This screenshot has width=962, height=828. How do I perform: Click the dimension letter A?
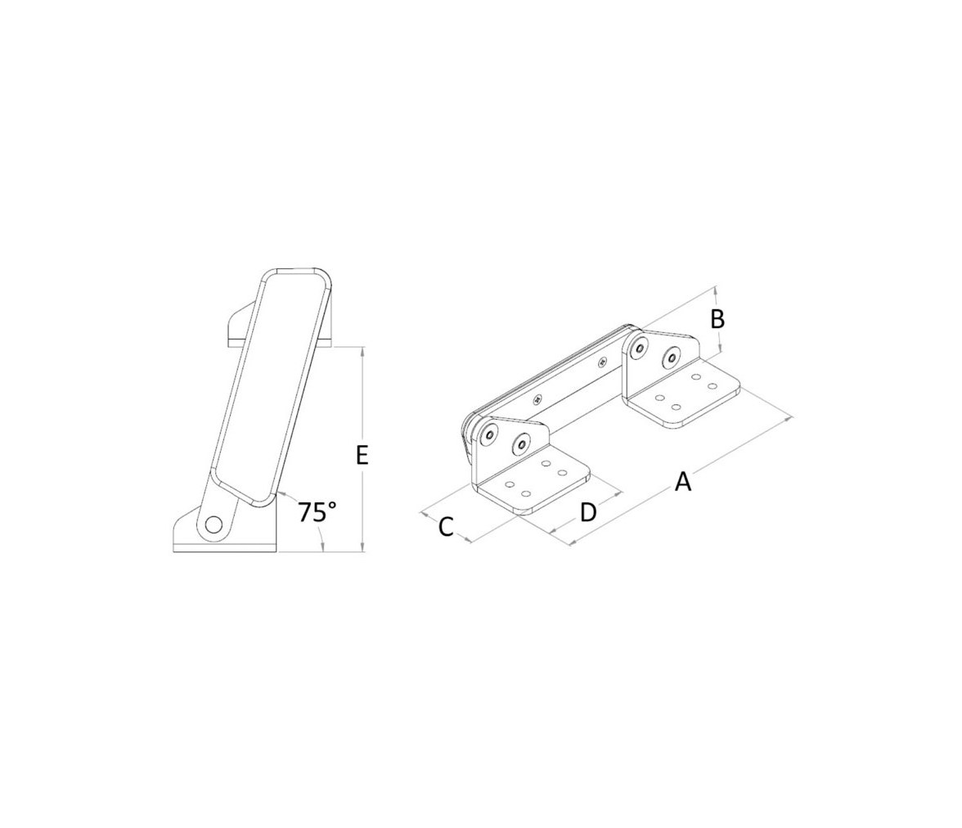coord(683,481)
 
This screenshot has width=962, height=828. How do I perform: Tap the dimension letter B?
coord(717,319)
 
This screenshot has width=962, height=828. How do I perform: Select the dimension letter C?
coord(445,527)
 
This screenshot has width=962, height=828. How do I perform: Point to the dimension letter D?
coord(587,511)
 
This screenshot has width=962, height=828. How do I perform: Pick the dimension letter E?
coord(362,455)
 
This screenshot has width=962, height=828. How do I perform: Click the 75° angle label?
coord(317,511)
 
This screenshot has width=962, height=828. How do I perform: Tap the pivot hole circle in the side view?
coord(214,524)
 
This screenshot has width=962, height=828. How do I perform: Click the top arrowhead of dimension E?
coord(363,353)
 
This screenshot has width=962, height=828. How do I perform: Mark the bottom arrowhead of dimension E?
coord(363,546)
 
